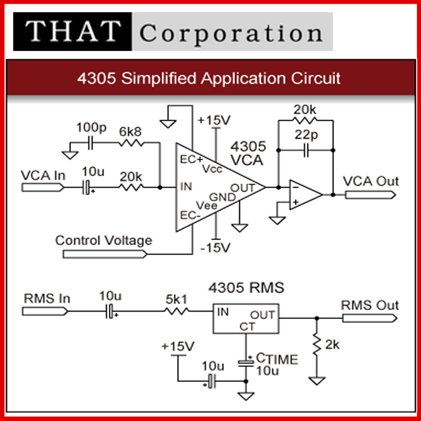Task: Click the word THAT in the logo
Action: pyautogui.click(x=73, y=31)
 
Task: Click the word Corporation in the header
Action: pyautogui.click(x=231, y=33)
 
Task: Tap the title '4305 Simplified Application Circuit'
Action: pyautogui.click(x=209, y=78)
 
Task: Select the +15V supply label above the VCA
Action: pyautogui.click(x=214, y=120)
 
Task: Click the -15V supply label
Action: pyautogui.click(x=215, y=247)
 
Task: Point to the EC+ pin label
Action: pyautogui.click(x=189, y=159)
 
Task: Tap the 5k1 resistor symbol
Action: pyautogui.click(x=178, y=311)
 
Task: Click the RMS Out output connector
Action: pyautogui.click(x=370, y=318)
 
